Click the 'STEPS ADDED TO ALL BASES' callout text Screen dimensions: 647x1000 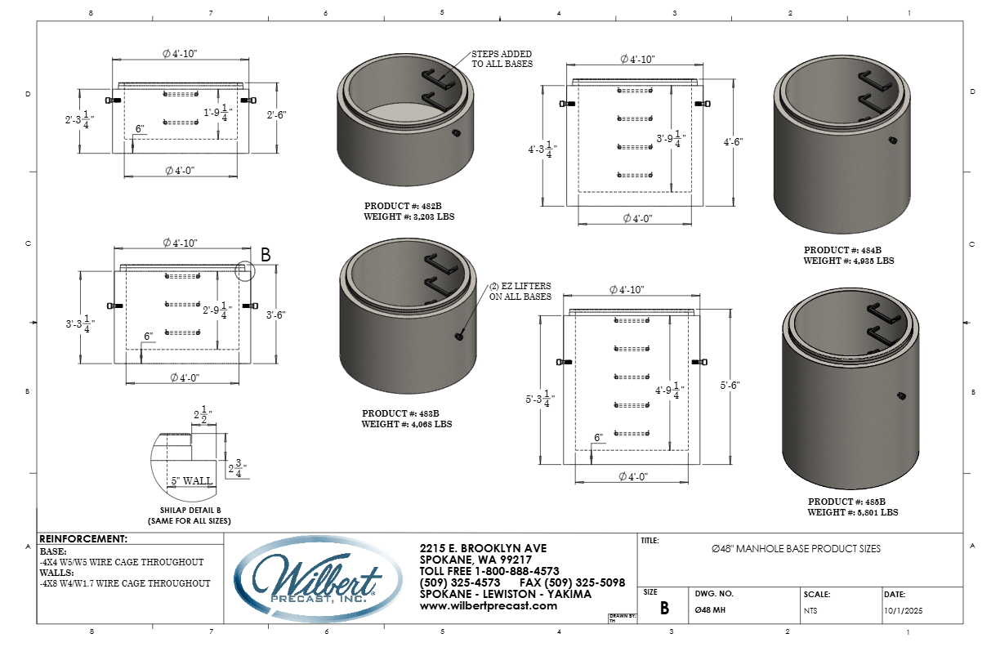point(502,59)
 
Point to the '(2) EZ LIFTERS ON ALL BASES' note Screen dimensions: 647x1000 point(520,292)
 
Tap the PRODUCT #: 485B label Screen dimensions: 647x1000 point(847,502)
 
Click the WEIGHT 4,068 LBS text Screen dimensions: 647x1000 point(407,425)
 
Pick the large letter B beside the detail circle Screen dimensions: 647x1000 point(266,255)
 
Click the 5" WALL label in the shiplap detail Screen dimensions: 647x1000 point(192,481)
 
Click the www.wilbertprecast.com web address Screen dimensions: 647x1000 point(488,605)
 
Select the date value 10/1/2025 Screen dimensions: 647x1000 point(903,610)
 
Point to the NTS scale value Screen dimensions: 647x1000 point(811,610)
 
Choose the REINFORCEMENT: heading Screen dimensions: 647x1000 point(83,539)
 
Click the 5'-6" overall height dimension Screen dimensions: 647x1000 point(730,385)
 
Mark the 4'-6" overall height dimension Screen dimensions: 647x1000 point(733,141)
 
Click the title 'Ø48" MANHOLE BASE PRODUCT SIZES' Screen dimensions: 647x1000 point(797,549)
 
